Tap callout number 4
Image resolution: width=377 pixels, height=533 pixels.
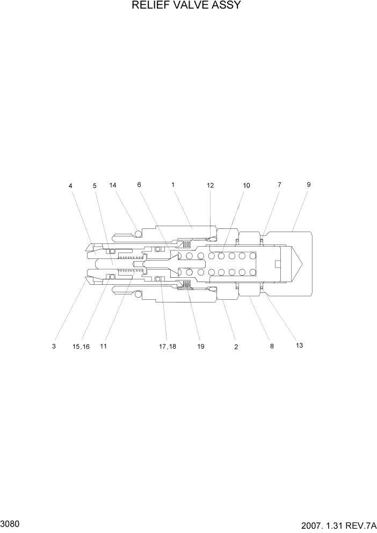pyautogui.click(x=70, y=186)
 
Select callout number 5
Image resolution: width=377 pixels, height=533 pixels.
pyautogui.click(x=95, y=186)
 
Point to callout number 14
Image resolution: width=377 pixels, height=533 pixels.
pyautogui.click(x=113, y=185)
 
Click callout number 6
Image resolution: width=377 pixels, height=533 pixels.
pyautogui.click(x=139, y=185)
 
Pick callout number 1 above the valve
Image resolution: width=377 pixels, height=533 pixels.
pyautogui.click(x=173, y=185)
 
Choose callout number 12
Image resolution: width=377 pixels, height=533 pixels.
pyautogui.click(x=210, y=185)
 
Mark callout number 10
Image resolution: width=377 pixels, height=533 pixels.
pyautogui.click(x=247, y=185)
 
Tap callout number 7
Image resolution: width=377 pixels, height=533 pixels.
pyautogui.click(x=279, y=185)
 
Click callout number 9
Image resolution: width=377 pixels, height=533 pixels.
pyautogui.click(x=309, y=184)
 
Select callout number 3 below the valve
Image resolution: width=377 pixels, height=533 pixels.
pyautogui.click(x=54, y=347)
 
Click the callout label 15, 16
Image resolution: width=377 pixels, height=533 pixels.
pyautogui.click(x=81, y=347)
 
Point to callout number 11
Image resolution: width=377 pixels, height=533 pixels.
pyautogui.click(x=103, y=347)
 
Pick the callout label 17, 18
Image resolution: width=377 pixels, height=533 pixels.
pyautogui.click(x=167, y=347)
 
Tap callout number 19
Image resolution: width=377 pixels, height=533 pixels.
pyautogui.click(x=200, y=347)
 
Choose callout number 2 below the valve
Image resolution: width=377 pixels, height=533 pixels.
pyautogui.click(x=236, y=347)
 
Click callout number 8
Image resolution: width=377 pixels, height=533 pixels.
pyautogui.click(x=272, y=347)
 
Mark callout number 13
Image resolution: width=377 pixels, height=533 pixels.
pyautogui.click(x=299, y=345)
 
